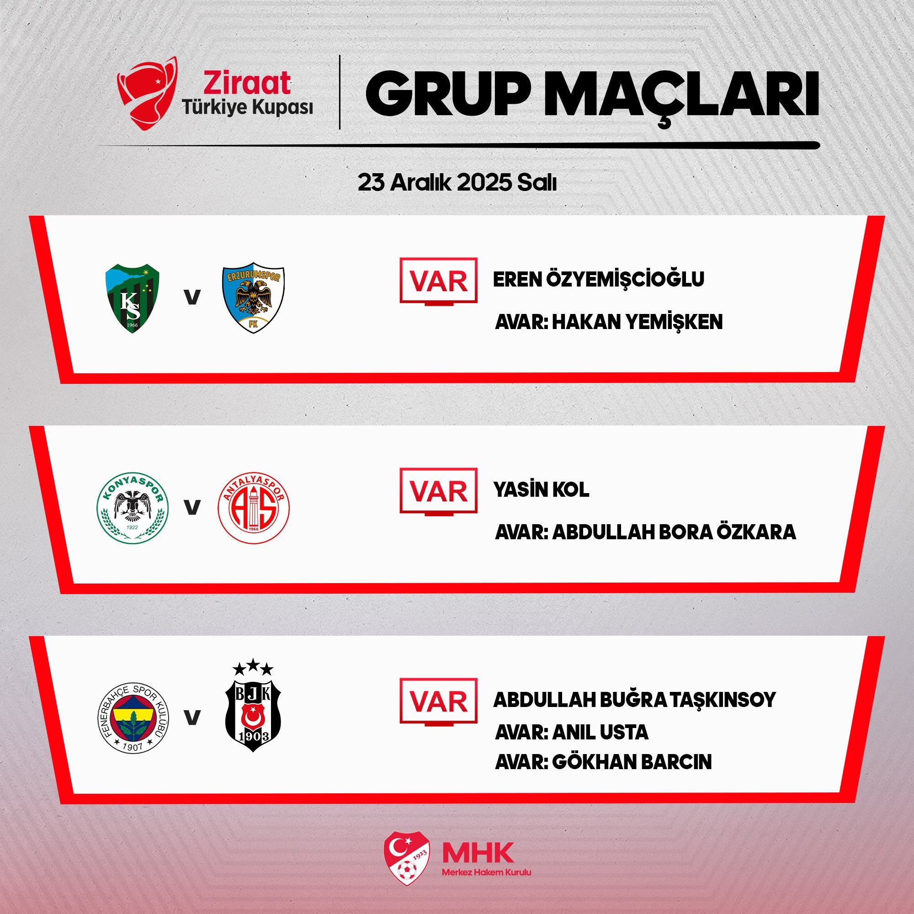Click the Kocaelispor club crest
click(x=132, y=298)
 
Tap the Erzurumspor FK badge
click(x=253, y=298)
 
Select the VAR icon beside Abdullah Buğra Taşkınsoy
click(x=439, y=702)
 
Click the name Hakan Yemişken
click(x=637, y=322)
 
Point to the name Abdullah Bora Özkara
click(x=674, y=532)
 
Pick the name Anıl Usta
click(x=600, y=732)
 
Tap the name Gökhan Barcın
click(x=632, y=762)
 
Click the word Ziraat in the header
click(x=246, y=83)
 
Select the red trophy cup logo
click(x=147, y=93)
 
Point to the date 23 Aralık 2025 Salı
click(x=457, y=183)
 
